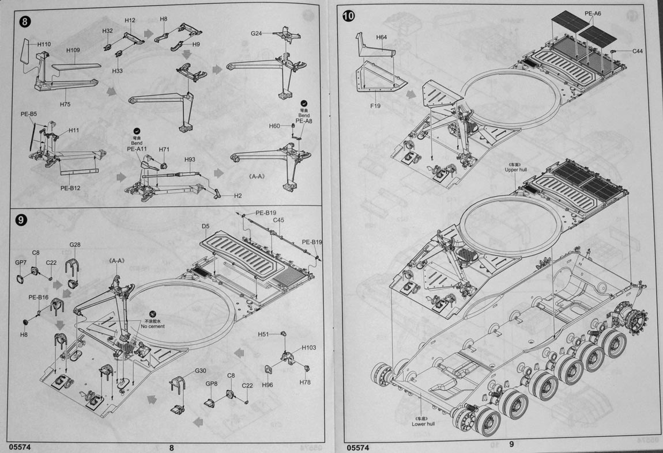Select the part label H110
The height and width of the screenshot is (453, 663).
[44, 44]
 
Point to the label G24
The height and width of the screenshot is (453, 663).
[256, 33]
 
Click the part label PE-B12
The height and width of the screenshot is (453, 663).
[71, 188]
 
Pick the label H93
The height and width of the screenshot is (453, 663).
[190, 159]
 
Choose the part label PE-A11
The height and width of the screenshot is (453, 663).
[137, 149]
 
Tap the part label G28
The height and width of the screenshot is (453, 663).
[75, 245]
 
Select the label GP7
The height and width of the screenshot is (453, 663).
[21, 262]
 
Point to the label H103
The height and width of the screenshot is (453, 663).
[309, 348]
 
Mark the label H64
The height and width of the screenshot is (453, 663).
[381, 37]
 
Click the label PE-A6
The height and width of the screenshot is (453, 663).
[593, 13]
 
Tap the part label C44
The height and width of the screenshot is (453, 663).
[637, 51]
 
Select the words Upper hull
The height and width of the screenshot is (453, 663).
[516, 170]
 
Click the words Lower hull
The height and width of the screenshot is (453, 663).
[423, 424]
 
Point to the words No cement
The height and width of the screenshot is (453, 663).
[153, 326]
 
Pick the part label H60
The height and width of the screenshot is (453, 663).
[274, 125]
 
